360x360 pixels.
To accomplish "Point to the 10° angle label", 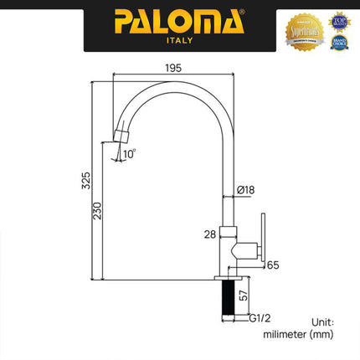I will point(127,155).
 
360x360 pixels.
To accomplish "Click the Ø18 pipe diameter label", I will point(246,191).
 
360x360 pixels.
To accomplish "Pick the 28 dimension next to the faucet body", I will point(210,236).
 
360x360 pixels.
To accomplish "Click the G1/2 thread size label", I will point(260,318).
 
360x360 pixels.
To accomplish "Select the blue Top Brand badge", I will point(338,18).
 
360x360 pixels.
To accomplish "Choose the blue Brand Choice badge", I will point(338,39).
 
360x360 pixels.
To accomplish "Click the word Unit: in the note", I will point(321,321).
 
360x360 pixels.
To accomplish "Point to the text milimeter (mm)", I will point(299,335).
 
